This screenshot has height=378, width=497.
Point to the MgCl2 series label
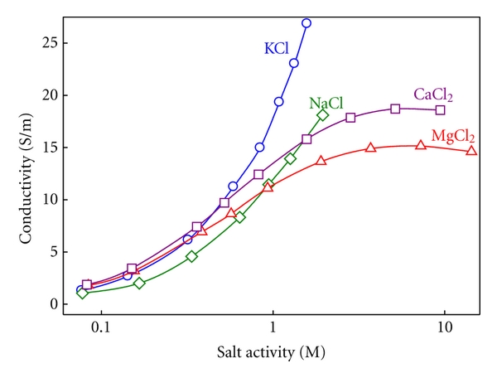pyautogui.click(x=452, y=136)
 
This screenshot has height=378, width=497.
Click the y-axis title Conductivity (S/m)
pyautogui.click(x=26, y=173)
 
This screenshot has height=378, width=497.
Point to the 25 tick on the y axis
pyautogui.click(x=54, y=42)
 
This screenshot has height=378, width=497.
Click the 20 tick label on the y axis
pyautogui.click(x=54, y=94)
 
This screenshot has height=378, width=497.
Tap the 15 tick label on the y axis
pyautogui.click(x=54, y=147)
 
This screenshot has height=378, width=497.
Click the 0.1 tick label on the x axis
pyautogui.click(x=100, y=327)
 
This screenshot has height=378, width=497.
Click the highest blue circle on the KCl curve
pyautogui.click(x=306, y=23)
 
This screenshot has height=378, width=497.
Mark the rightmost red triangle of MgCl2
pyautogui.click(x=471, y=150)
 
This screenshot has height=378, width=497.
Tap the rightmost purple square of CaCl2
pyautogui.click(x=440, y=109)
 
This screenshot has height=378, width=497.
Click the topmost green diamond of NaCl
pyautogui.click(x=323, y=115)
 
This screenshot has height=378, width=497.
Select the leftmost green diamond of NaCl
pyautogui.click(x=82, y=293)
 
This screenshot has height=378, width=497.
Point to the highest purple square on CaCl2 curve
pyautogui.click(x=395, y=109)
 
